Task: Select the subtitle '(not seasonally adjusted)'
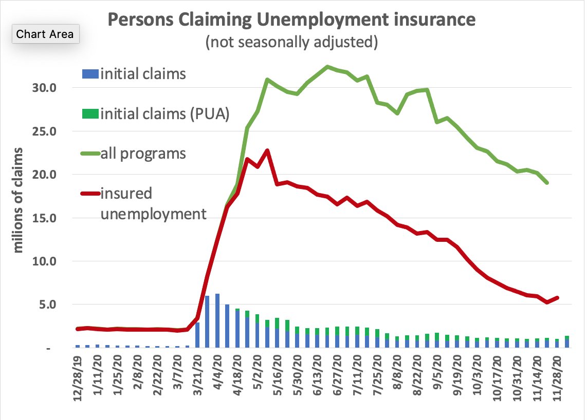point(291,42)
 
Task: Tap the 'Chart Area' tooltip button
point(45,34)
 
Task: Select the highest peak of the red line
point(267,150)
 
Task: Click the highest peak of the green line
point(327,67)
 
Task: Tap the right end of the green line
point(547,183)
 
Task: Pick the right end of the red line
point(558,297)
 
